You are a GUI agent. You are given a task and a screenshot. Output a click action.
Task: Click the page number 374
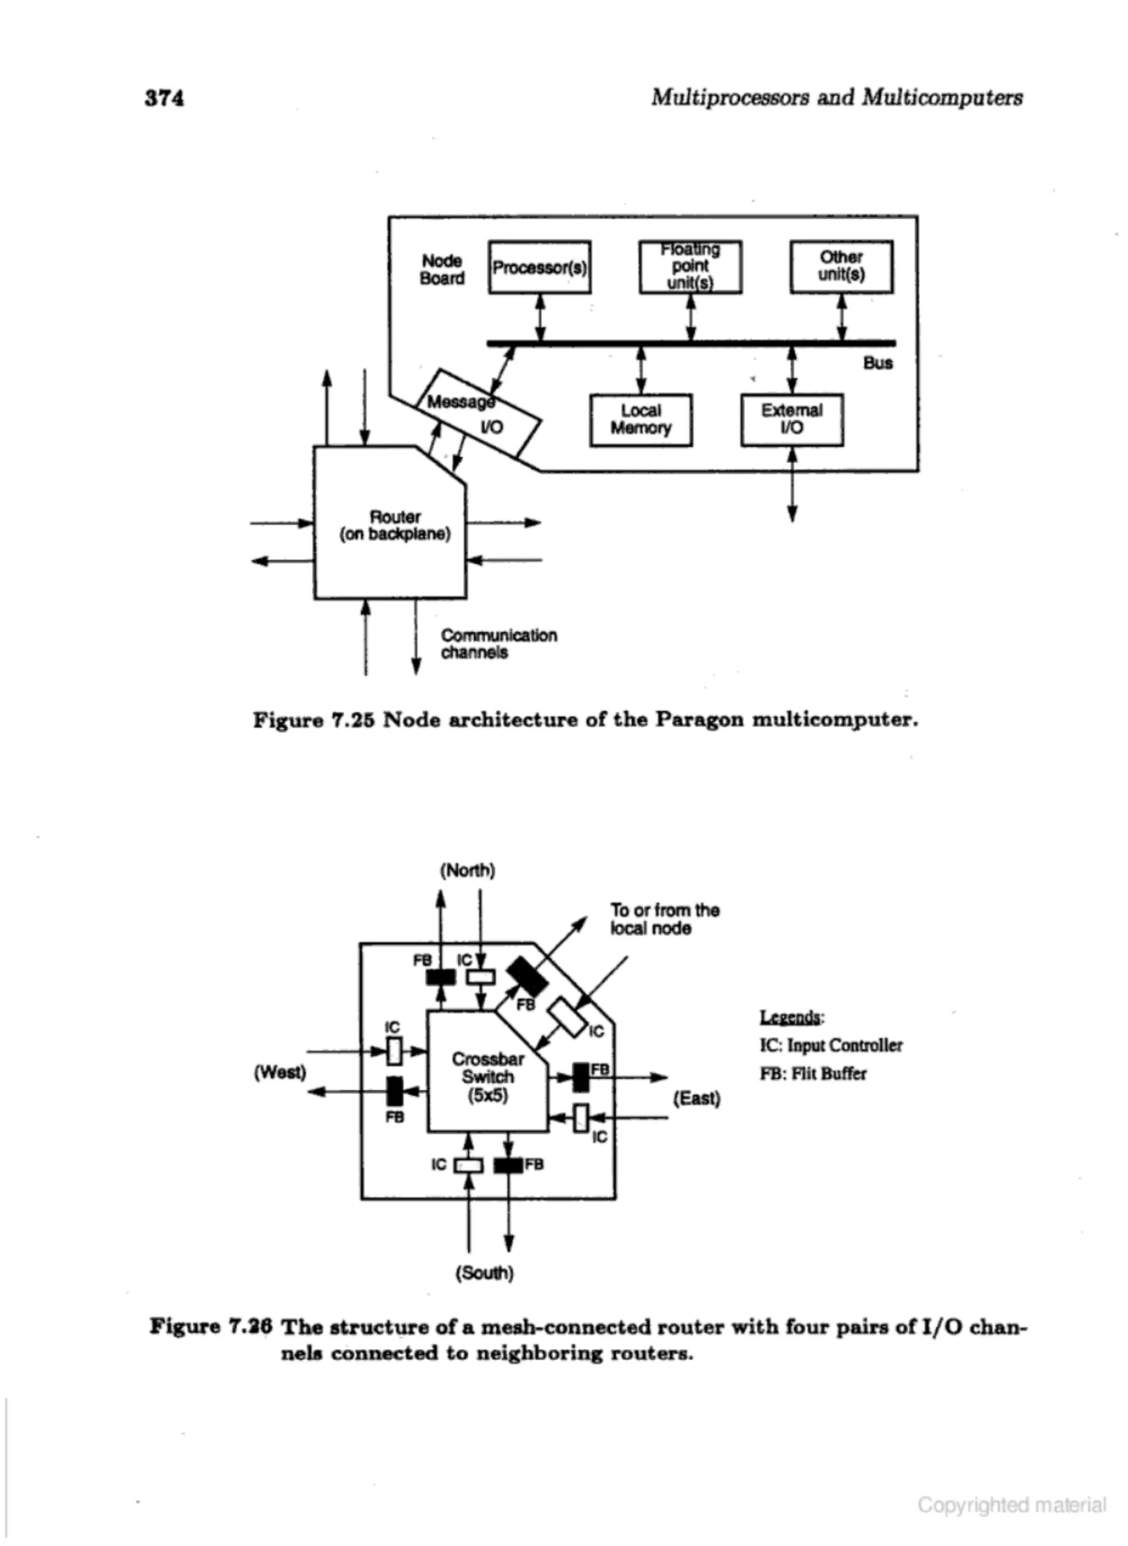(165, 98)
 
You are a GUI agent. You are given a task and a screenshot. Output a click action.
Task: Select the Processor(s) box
(539, 267)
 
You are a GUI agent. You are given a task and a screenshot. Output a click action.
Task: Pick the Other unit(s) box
(841, 266)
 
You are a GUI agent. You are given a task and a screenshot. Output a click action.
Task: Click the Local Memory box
(641, 419)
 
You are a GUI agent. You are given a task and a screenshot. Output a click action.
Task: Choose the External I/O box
(791, 419)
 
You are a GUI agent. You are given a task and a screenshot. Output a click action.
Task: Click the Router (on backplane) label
(395, 525)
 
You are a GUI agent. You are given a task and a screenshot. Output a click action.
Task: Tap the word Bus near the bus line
(877, 363)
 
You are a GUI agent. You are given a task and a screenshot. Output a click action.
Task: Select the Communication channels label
(498, 644)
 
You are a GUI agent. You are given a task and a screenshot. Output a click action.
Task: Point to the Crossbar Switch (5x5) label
(487, 1077)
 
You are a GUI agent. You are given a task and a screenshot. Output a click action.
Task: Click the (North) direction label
(468, 870)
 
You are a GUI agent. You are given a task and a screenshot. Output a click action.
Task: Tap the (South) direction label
(484, 1273)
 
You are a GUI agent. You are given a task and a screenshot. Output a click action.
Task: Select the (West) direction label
(280, 1072)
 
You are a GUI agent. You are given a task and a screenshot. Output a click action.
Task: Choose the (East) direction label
(697, 1098)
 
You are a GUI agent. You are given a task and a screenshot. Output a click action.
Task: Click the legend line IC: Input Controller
(830, 1046)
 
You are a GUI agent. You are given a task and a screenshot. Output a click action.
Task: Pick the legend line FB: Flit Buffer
(812, 1073)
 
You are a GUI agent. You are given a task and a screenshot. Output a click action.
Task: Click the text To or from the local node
(664, 919)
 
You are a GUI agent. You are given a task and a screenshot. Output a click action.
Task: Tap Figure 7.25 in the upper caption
(313, 720)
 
